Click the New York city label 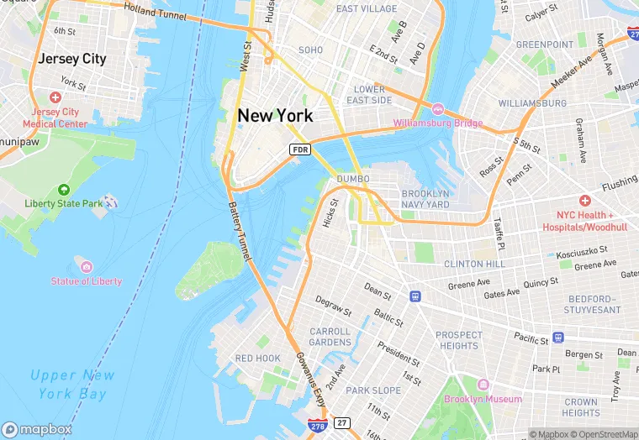coord(275,115)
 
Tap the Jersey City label coord(71,59)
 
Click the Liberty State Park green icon coord(63,190)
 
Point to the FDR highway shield coord(300,149)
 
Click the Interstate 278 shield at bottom coord(317,427)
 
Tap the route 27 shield coord(341,422)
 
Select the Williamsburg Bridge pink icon coord(437,109)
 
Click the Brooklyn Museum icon coord(483,384)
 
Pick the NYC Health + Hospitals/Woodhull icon coord(584,202)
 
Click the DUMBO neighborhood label coord(353,179)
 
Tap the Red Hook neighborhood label coord(257,359)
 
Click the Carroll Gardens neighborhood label coord(330,337)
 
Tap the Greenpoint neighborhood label coord(544,45)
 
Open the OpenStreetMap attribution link coord(607,434)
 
